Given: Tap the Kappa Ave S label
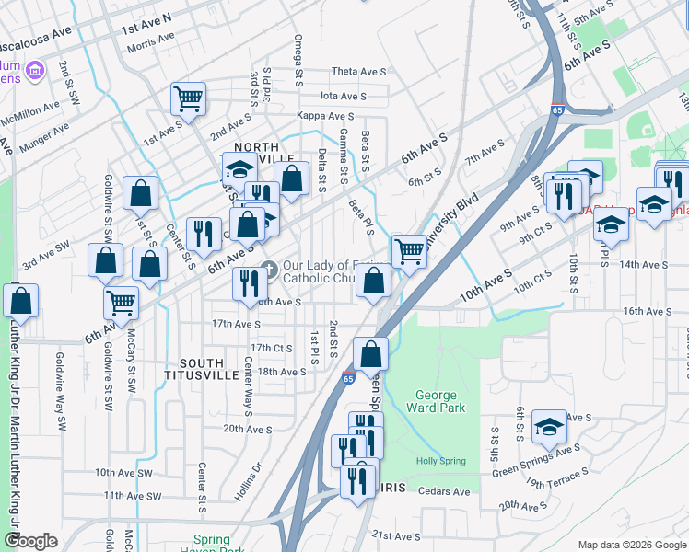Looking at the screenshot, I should tap(325, 116).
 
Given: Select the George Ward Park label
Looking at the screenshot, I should tap(435, 400).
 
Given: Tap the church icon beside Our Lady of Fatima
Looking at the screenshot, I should tap(269, 269).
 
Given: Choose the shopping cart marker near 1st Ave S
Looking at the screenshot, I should tap(188, 98).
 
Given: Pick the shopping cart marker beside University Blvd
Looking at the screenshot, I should tap(409, 250).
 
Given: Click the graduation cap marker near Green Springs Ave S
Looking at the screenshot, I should tap(550, 427).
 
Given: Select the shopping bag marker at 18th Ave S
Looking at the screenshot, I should tap(370, 353).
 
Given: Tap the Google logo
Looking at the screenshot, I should tap(30, 541).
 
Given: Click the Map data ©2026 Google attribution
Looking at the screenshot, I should tap(632, 545).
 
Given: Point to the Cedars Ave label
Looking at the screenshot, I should tap(443, 491).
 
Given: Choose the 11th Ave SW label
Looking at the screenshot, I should tap(133, 495).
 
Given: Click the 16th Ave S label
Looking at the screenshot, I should tap(647, 312).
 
